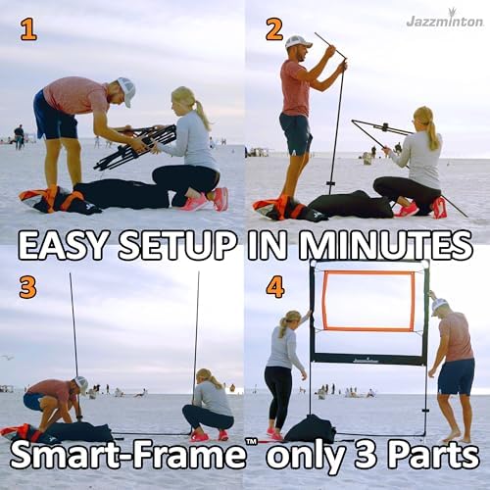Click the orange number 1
28,30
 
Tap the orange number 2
274,30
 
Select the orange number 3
27,287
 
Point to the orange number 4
275,288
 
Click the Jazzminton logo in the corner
445,21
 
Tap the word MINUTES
360,244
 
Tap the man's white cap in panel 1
126,90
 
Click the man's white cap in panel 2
297,42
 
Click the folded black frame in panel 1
135,146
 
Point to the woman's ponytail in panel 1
202,115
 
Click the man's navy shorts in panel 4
457,376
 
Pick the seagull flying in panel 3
7,358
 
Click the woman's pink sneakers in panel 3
209,436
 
